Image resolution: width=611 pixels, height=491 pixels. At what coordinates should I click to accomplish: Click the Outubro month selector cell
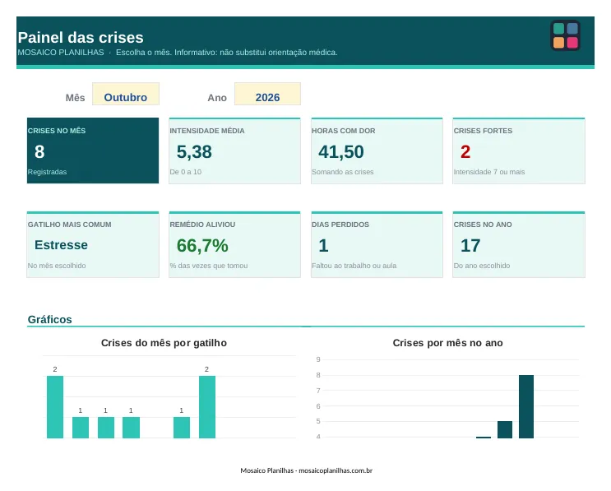(126, 94)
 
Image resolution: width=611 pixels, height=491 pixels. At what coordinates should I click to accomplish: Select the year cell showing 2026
(267, 94)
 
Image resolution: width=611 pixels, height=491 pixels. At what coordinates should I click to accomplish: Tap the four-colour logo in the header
(566, 35)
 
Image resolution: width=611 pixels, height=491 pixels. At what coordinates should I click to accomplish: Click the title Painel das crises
(81, 37)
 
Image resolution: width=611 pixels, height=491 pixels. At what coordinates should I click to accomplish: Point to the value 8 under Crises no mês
(39, 151)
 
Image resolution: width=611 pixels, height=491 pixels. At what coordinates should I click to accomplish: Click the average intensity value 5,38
(194, 152)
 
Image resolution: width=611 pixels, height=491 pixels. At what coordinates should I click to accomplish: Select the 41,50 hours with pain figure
(341, 152)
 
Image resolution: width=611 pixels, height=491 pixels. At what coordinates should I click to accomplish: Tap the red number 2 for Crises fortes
(465, 151)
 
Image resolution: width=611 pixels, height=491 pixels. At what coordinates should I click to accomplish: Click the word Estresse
(61, 245)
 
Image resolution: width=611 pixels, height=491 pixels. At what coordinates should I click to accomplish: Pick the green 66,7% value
(202, 245)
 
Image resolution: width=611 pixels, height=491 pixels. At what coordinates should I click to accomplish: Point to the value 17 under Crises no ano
(470, 245)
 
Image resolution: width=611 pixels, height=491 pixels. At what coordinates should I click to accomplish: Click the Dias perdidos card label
(340, 225)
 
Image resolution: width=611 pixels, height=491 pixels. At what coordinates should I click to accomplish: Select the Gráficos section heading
(50, 320)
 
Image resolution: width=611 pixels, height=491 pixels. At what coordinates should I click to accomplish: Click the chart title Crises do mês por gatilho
(164, 343)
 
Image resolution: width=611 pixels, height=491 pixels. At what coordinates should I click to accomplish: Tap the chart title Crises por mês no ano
(447, 343)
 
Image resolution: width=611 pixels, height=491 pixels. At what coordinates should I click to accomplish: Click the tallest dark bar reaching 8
(526, 406)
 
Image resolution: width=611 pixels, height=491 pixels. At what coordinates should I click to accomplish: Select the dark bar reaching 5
(505, 429)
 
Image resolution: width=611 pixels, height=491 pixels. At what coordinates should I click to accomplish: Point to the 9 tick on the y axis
(318, 359)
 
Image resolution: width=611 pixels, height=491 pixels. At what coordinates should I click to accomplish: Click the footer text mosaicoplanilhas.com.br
(336, 470)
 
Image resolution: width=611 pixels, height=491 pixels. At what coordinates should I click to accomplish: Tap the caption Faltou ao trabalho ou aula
(354, 266)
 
